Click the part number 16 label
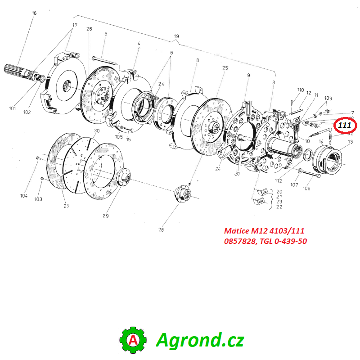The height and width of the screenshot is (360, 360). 34,13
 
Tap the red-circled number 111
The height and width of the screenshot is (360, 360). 345,125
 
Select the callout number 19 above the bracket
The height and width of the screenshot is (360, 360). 176,36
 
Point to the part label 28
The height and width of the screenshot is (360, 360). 161,230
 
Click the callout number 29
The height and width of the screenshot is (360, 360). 105,216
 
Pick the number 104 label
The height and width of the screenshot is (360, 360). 23,196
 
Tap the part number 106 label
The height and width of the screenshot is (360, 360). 306,189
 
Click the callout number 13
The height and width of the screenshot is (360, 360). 350,142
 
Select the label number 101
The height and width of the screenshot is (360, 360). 12,108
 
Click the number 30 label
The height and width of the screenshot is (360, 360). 96,131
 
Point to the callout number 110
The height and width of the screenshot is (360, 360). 300,90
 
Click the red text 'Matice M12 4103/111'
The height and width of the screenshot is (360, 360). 264,231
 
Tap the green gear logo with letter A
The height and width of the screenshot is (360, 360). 133,340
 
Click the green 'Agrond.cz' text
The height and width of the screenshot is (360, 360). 200,340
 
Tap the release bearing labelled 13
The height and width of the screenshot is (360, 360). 331,160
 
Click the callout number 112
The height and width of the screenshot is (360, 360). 279,181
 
